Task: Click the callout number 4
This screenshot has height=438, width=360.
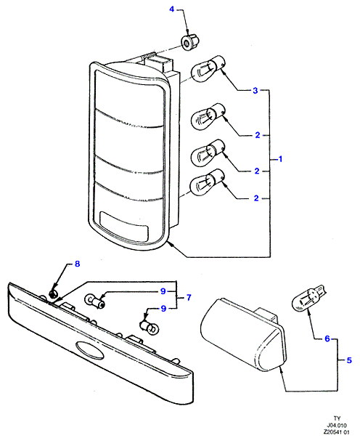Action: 171,9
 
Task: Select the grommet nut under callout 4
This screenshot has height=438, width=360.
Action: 190,42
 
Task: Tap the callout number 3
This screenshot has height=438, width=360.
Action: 255,91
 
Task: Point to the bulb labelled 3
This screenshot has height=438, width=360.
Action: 208,68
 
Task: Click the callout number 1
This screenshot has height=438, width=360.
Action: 280,159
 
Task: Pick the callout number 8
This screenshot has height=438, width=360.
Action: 78,264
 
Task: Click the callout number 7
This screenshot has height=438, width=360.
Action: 189,298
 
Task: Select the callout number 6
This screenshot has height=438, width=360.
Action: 327,338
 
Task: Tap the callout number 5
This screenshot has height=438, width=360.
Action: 349,360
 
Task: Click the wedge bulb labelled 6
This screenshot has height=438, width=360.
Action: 308,298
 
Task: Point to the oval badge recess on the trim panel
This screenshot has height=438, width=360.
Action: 89,350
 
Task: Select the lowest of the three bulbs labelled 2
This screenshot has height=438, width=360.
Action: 208,182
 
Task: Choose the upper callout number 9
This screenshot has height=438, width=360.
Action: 163,291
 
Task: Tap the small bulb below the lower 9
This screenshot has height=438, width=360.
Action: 150,328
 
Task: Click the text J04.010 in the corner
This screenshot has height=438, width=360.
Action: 337,426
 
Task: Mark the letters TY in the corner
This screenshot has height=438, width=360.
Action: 337,418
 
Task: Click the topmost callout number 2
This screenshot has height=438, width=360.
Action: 258,135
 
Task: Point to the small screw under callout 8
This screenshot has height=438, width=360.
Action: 53,293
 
